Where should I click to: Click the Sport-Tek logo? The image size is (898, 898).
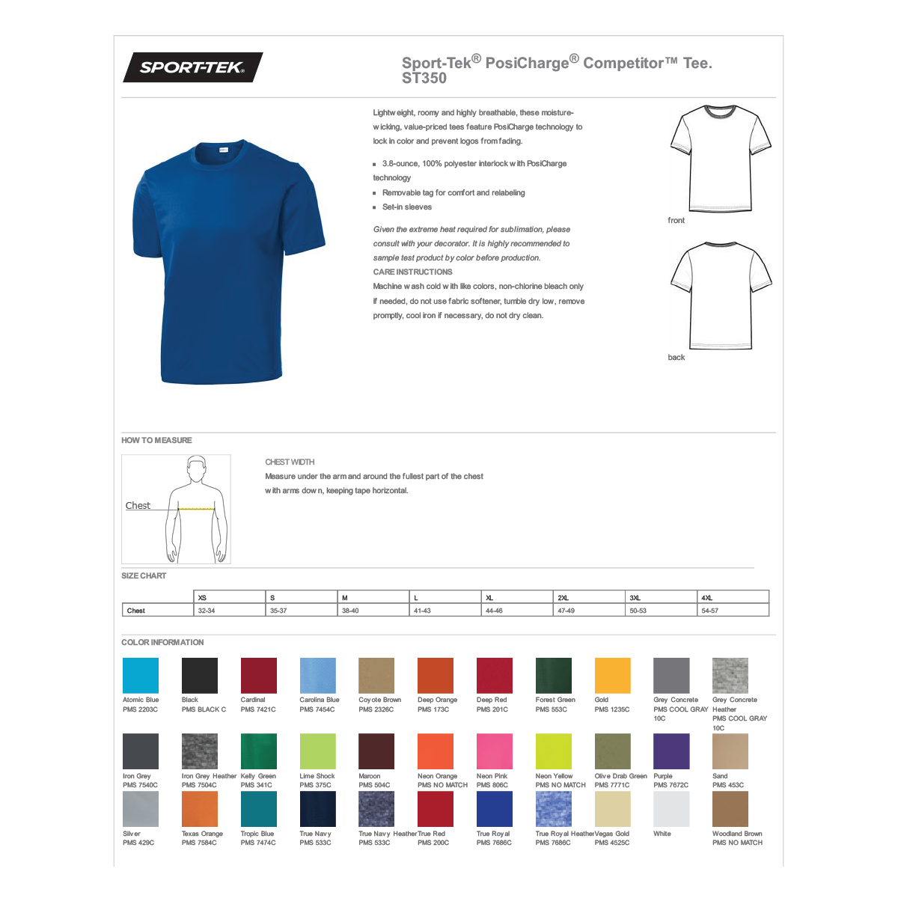pos(192,67)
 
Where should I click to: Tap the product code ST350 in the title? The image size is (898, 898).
pos(424,79)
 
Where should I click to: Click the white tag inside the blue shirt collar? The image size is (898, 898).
pos(224,151)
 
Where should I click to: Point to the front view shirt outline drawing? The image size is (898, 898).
pos(720,159)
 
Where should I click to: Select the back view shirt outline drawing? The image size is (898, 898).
pos(721,296)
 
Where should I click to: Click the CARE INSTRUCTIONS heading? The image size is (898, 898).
pos(412,272)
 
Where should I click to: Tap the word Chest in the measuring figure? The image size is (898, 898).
pos(138,506)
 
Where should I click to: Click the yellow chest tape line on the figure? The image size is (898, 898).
pos(196,509)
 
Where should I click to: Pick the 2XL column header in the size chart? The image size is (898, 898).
pos(563,598)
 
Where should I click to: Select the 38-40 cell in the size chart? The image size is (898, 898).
pos(350,611)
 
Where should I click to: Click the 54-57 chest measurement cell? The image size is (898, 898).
pos(710,611)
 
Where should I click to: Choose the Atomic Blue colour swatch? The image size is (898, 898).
pos(141,676)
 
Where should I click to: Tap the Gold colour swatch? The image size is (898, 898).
pos(612,676)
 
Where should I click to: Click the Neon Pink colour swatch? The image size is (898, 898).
pos(495,751)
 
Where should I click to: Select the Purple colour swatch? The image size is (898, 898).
pos(671,751)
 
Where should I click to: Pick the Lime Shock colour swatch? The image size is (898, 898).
pos(317,751)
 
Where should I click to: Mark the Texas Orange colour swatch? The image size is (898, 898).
pos(200,809)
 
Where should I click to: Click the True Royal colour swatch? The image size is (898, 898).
pos(495,809)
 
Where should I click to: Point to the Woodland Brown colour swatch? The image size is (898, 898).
pos(730,809)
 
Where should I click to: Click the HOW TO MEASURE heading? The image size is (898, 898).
pos(156,441)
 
